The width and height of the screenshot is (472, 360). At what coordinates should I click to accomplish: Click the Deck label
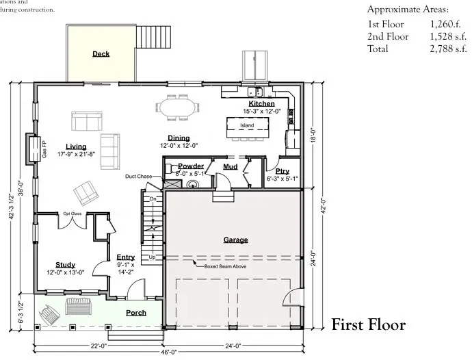pyautogui.click(x=101, y=54)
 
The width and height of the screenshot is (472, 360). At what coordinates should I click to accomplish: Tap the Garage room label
pyautogui.click(x=235, y=240)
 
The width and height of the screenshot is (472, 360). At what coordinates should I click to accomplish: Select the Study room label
pyautogui.click(x=66, y=265)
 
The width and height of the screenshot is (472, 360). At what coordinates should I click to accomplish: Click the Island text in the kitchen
pyautogui.click(x=246, y=126)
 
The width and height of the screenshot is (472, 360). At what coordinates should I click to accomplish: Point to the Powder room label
pyautogui.click(x=191, y=166)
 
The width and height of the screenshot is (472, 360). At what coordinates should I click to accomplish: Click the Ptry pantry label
pyautogui.click(x=282, y=172)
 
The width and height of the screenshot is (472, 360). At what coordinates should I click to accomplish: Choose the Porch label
pyautogui.click(x=136, y=313)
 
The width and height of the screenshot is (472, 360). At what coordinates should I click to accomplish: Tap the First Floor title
pyautogui.click(x=368, y=325)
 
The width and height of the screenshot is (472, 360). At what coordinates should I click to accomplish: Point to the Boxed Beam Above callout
pyautogui.click(x=225, y=266)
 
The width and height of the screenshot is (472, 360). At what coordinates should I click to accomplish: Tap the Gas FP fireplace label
pyautogui.click(x=44, y=150)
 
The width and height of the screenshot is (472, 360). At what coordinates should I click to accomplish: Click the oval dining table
pyautogui.click(x=179, y=108)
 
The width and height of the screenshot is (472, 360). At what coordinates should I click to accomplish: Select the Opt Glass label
pyautogui.click(x=73, y=214)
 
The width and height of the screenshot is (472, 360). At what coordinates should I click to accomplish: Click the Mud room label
pyautogui.click(x=230, y=166)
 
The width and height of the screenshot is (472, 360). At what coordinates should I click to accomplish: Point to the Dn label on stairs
pyautogui.click(x=153, y=198)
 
